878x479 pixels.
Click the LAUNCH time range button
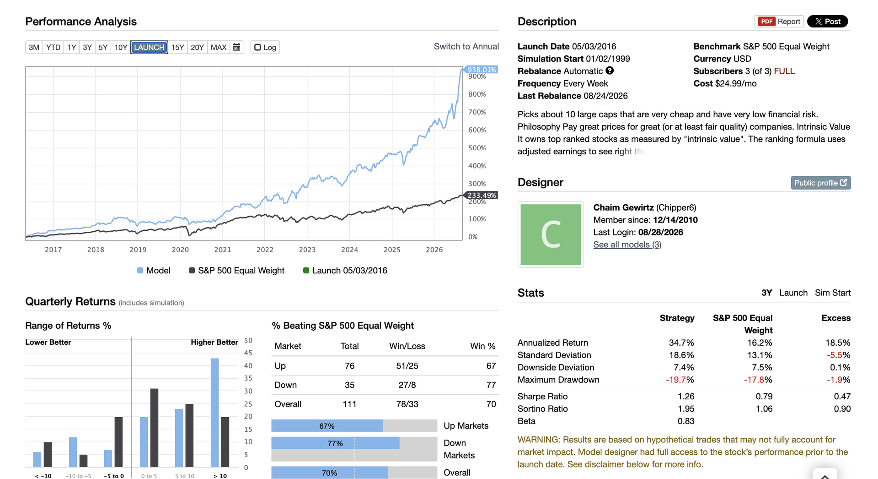149,47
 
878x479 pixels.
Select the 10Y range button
121,47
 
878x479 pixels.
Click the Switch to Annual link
466,46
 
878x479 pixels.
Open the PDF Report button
779,22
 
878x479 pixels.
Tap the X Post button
827,22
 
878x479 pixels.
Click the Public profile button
821,183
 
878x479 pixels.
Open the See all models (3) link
627,245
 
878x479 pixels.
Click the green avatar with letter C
551,234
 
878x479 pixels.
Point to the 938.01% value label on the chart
481,70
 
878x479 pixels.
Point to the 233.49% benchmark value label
481,195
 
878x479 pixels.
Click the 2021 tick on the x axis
223,250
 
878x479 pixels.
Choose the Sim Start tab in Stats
833,293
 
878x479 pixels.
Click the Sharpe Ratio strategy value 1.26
686,397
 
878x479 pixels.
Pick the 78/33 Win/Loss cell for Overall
407,404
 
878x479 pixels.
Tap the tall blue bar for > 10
214,413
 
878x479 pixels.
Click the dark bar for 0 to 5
154,428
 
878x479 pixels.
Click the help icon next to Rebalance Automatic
610,71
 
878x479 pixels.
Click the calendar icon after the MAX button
236,47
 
